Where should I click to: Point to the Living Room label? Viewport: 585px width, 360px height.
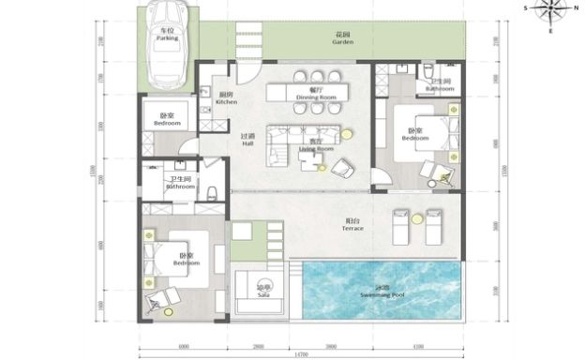click(x=316, y=147)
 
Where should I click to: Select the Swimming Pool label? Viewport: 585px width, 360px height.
click(x=382, y=292)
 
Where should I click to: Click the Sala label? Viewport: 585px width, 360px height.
click(x=264, y=292)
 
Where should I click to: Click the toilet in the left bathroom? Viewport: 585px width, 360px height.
click(x=212, y=195)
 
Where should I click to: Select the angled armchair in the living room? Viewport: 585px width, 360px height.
click(x=342, y=167)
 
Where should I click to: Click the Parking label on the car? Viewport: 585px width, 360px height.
click(x=167, y=37)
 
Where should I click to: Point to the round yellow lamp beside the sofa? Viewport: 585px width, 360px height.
click(x=347, y=133)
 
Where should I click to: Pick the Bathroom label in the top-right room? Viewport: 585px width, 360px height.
click(x=439, y=86)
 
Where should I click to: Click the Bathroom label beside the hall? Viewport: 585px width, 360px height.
click(x=179, y=183)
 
